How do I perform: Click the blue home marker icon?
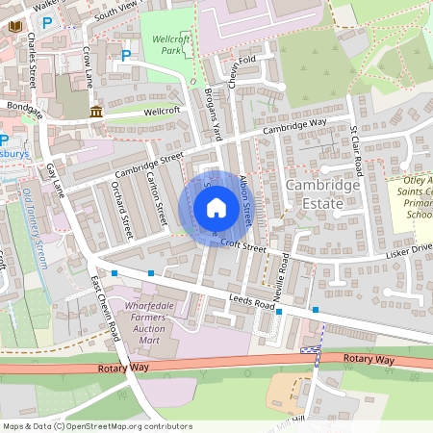tap(216, 207)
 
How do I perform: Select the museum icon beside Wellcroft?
tap(96, 114)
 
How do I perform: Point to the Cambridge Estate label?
tap(322, 192)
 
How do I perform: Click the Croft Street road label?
tap(241, 246)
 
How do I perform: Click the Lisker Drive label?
tap(411, 250)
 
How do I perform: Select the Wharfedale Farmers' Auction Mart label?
tap(148, 322)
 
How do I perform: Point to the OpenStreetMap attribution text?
tap(96, 425)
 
